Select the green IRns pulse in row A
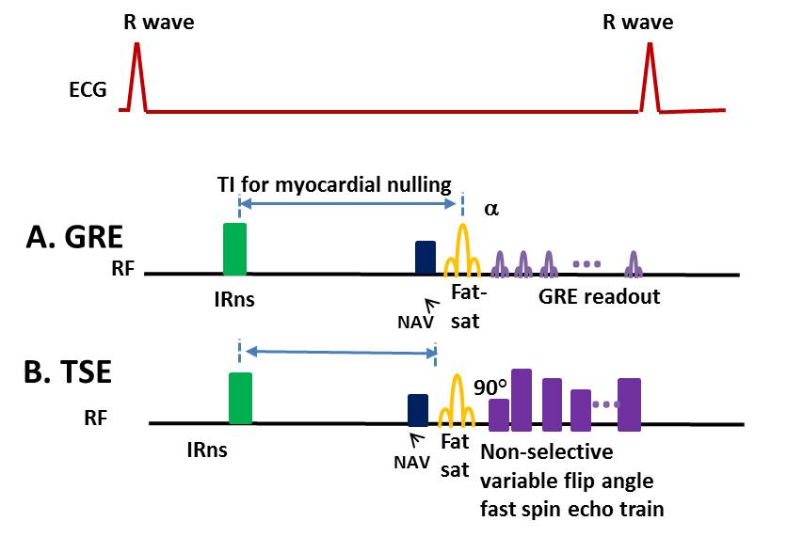234,249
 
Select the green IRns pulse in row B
241,398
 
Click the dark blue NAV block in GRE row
426,258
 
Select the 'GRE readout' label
600,297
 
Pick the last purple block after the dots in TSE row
629,404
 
